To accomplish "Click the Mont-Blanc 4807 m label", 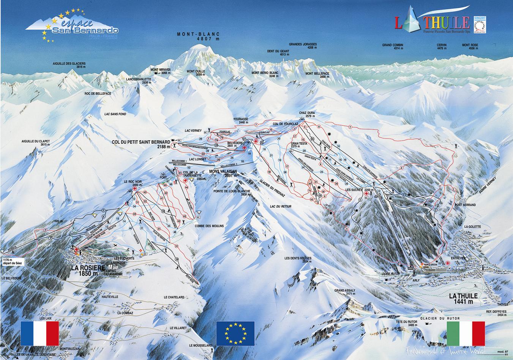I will point(198,36).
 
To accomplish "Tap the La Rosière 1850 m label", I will point(87,270).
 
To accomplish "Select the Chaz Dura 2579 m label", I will point(307,114).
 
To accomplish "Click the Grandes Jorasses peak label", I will point(303,46).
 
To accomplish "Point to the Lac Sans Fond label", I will point(115,114).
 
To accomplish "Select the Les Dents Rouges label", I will point(298,260).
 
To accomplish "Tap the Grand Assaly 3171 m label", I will point(345,292).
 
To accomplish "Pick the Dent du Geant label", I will point(278,53).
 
